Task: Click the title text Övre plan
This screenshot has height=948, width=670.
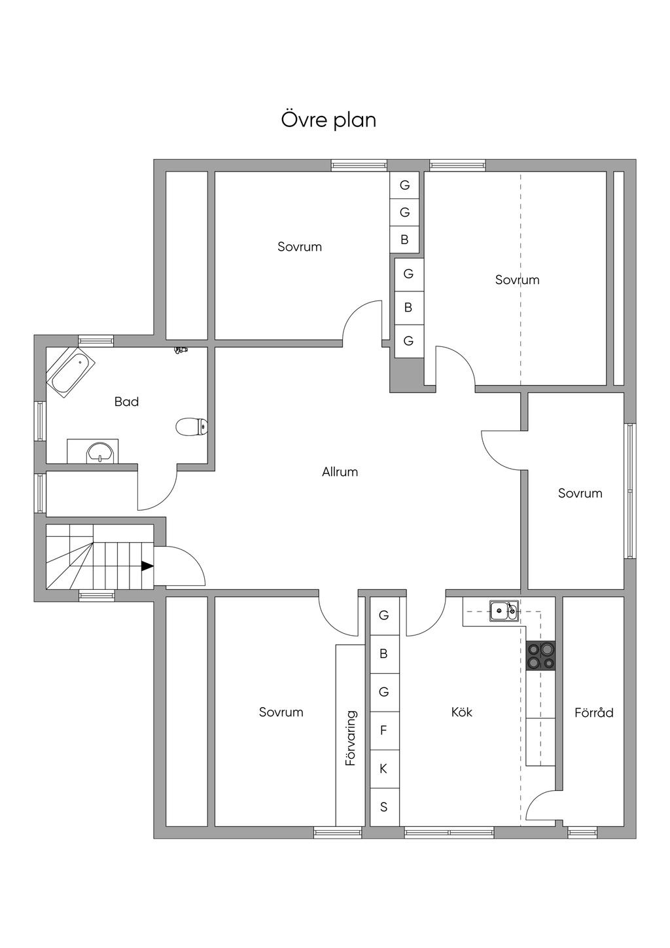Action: [x=328, y=120]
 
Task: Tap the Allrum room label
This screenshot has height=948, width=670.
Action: [x=340, y=472]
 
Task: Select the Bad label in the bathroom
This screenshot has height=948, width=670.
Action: [x=126, y=401]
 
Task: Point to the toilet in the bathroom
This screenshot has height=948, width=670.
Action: [x=192, y=427]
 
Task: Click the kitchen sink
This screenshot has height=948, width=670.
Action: [x=503, y=611]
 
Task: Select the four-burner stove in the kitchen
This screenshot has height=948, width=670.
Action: [x=540, y=655]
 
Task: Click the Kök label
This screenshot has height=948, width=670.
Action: [x=461, y=712]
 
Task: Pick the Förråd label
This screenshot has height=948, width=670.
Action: [x=594, y=713]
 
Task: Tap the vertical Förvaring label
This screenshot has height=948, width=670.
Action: [x=351, y=738]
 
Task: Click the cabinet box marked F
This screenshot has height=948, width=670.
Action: [x=384, y=731]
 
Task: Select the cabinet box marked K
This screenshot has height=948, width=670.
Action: [x=384, y=769]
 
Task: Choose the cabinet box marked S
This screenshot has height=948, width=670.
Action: [x=384, y=807]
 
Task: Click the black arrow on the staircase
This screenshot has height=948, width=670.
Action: [x=147, y=566]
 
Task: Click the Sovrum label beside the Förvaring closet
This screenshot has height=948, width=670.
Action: [x=281, y=712]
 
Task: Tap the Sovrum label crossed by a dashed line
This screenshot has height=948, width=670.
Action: [x=518, y=280]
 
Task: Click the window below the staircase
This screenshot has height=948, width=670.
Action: [x=97, y=596]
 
